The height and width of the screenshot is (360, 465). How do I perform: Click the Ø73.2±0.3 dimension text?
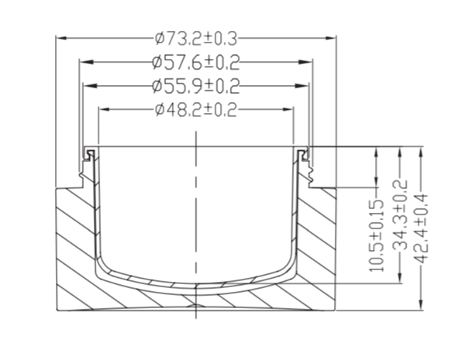pos(196,39)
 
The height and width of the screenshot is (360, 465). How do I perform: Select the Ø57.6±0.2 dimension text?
pos(196,63)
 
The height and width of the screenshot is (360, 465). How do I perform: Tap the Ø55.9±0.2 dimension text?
pos(196,86)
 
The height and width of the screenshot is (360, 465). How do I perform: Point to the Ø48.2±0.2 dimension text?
pos(196,110)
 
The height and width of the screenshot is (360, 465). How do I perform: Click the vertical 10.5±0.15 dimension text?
pos(377,235)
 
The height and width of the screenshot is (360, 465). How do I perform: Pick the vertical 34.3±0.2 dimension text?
pos(400,214)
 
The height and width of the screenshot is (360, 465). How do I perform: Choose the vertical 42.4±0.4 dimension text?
pos(421,228)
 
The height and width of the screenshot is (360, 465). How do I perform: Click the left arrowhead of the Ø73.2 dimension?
pos(61,38)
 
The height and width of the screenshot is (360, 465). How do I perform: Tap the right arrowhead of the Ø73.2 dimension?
pos(331,38)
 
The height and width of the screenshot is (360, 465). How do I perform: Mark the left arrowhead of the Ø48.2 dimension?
pos(104,109)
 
